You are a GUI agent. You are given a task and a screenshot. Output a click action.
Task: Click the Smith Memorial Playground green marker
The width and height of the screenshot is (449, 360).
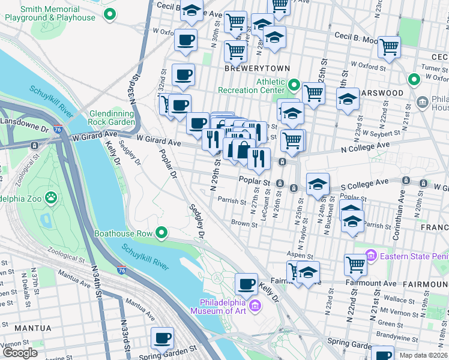[x=109, y=14]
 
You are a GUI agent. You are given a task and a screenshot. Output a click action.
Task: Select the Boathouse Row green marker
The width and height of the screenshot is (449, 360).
[x=161, y=233]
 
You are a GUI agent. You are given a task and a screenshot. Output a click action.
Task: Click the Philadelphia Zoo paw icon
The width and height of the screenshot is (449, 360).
[x=52, y=196]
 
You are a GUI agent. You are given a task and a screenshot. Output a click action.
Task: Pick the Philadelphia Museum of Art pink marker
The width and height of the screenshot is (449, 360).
[x=255, y=307]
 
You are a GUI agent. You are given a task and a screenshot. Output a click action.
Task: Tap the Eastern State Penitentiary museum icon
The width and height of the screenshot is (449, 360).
[x=370, y=257]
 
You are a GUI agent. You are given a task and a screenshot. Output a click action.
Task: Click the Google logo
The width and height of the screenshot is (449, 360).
[x=20, y=353]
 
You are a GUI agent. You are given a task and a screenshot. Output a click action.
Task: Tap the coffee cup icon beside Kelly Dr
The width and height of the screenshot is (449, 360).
[x=246, y=283]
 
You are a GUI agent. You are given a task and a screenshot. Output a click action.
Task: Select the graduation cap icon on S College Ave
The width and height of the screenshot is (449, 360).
[x=318, y=184]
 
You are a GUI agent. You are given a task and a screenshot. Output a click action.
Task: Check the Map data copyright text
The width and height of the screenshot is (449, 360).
[x=420, y=355]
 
